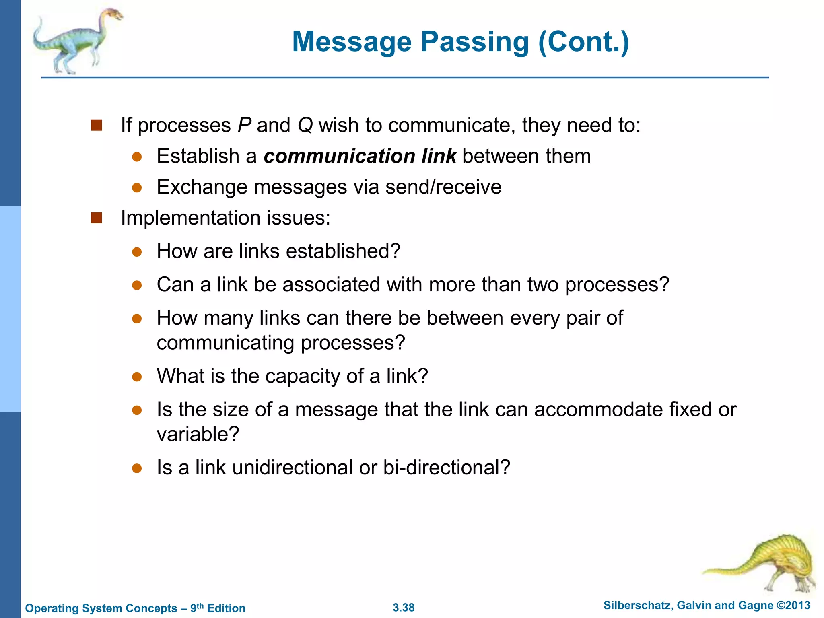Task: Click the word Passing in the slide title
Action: tap(475, 42)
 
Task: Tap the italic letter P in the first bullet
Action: tap(244, 125)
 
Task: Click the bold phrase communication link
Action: tap(360, 156)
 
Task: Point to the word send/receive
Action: tap(443, 187)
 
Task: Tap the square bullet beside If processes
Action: tap(97, 125)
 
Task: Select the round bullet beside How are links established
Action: tap(137, 252)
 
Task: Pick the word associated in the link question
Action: tap(331, 285)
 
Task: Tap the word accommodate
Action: tap(598, 410)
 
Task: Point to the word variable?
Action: tap(198, 435)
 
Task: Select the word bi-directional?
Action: tap(447, 468)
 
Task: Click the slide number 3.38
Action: tap(404, 608)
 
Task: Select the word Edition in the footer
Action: tap(226, 608)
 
